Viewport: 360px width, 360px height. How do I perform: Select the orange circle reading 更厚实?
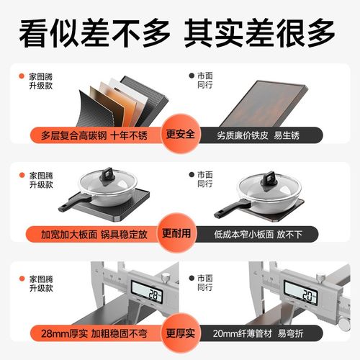[x=180, y=332]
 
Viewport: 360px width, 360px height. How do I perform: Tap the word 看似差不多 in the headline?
[x=94, y=31]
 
